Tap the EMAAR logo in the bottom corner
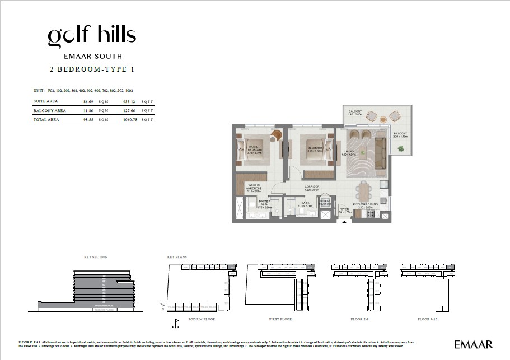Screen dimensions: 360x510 pos(473,343)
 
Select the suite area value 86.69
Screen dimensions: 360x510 pos(87,101)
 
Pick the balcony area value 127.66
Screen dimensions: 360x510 pos(130,111)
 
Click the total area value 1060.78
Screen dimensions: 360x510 pos(130,120)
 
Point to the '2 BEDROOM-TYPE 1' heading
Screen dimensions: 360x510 pos(92,70)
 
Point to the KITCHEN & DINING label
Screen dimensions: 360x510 pos(366,205)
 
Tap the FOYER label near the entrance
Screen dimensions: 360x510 pos(344,210)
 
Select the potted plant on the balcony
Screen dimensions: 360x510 pos(401,148)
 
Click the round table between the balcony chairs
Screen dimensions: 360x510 pos(383,119)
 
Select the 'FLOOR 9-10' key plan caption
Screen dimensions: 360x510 pos(431,319)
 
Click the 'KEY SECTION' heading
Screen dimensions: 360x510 pos(95,257)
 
